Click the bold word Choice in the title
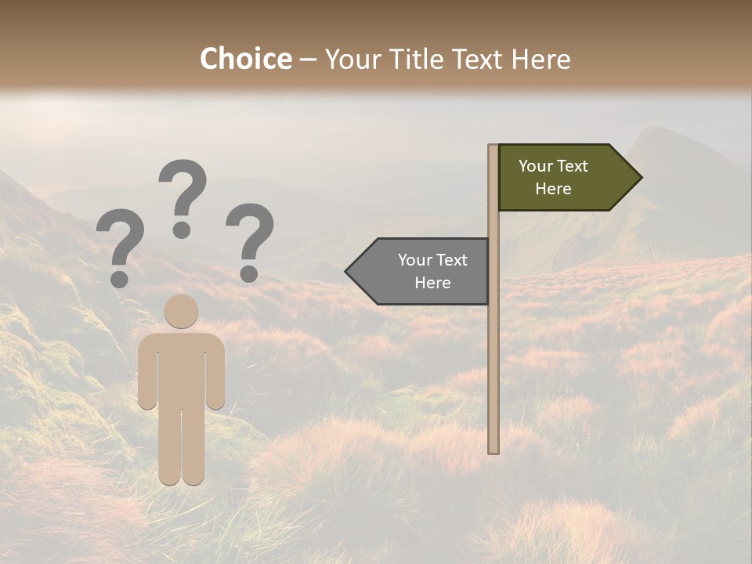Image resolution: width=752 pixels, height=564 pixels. click(245, 60)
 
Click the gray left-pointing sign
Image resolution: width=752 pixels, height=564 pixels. click(423, 271)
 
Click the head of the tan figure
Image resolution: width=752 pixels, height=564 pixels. click(181, 311)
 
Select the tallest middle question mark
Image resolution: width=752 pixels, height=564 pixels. click(183, 196)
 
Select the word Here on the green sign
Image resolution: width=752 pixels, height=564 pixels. click(553, 189)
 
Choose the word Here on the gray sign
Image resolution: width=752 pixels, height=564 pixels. click(432, 283)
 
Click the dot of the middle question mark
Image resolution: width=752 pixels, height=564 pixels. click(183, 230)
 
